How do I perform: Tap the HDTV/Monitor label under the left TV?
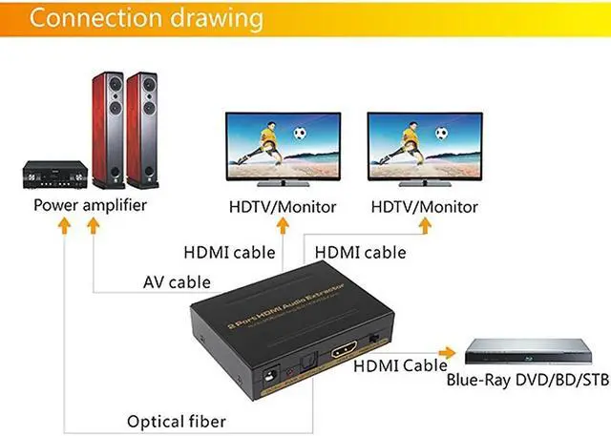(x=284, y=207)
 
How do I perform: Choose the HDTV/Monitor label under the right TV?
(x=424, y=207)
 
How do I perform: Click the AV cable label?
(x=177, y=281)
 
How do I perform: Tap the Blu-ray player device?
(x=527, y=354)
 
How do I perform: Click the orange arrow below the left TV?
(x=284, y=226)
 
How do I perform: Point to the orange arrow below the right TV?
(x=425, y=226)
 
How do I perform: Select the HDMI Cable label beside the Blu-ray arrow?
(x=400, y=365)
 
